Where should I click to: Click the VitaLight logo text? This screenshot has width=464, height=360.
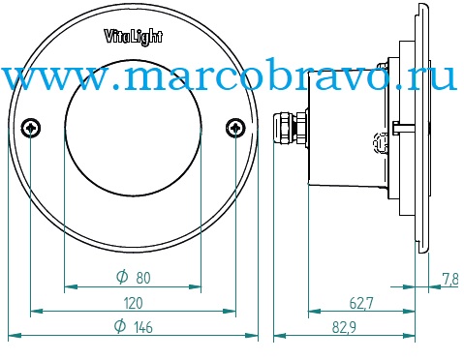pos(133,37)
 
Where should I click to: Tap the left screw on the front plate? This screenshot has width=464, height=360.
pos(31,128)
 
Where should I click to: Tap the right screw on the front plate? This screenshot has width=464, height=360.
pos(235,128)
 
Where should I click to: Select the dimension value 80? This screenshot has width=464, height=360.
pos(143,278)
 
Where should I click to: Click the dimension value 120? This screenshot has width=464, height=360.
pos(133,303)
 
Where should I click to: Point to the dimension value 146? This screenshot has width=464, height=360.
pos(143,327)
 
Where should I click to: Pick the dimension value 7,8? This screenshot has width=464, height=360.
pos(450,280)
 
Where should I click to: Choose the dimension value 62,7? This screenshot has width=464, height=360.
pos(361,303)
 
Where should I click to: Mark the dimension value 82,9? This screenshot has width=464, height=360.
pos(344,328)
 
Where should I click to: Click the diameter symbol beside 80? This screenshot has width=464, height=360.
pos(122,277)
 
